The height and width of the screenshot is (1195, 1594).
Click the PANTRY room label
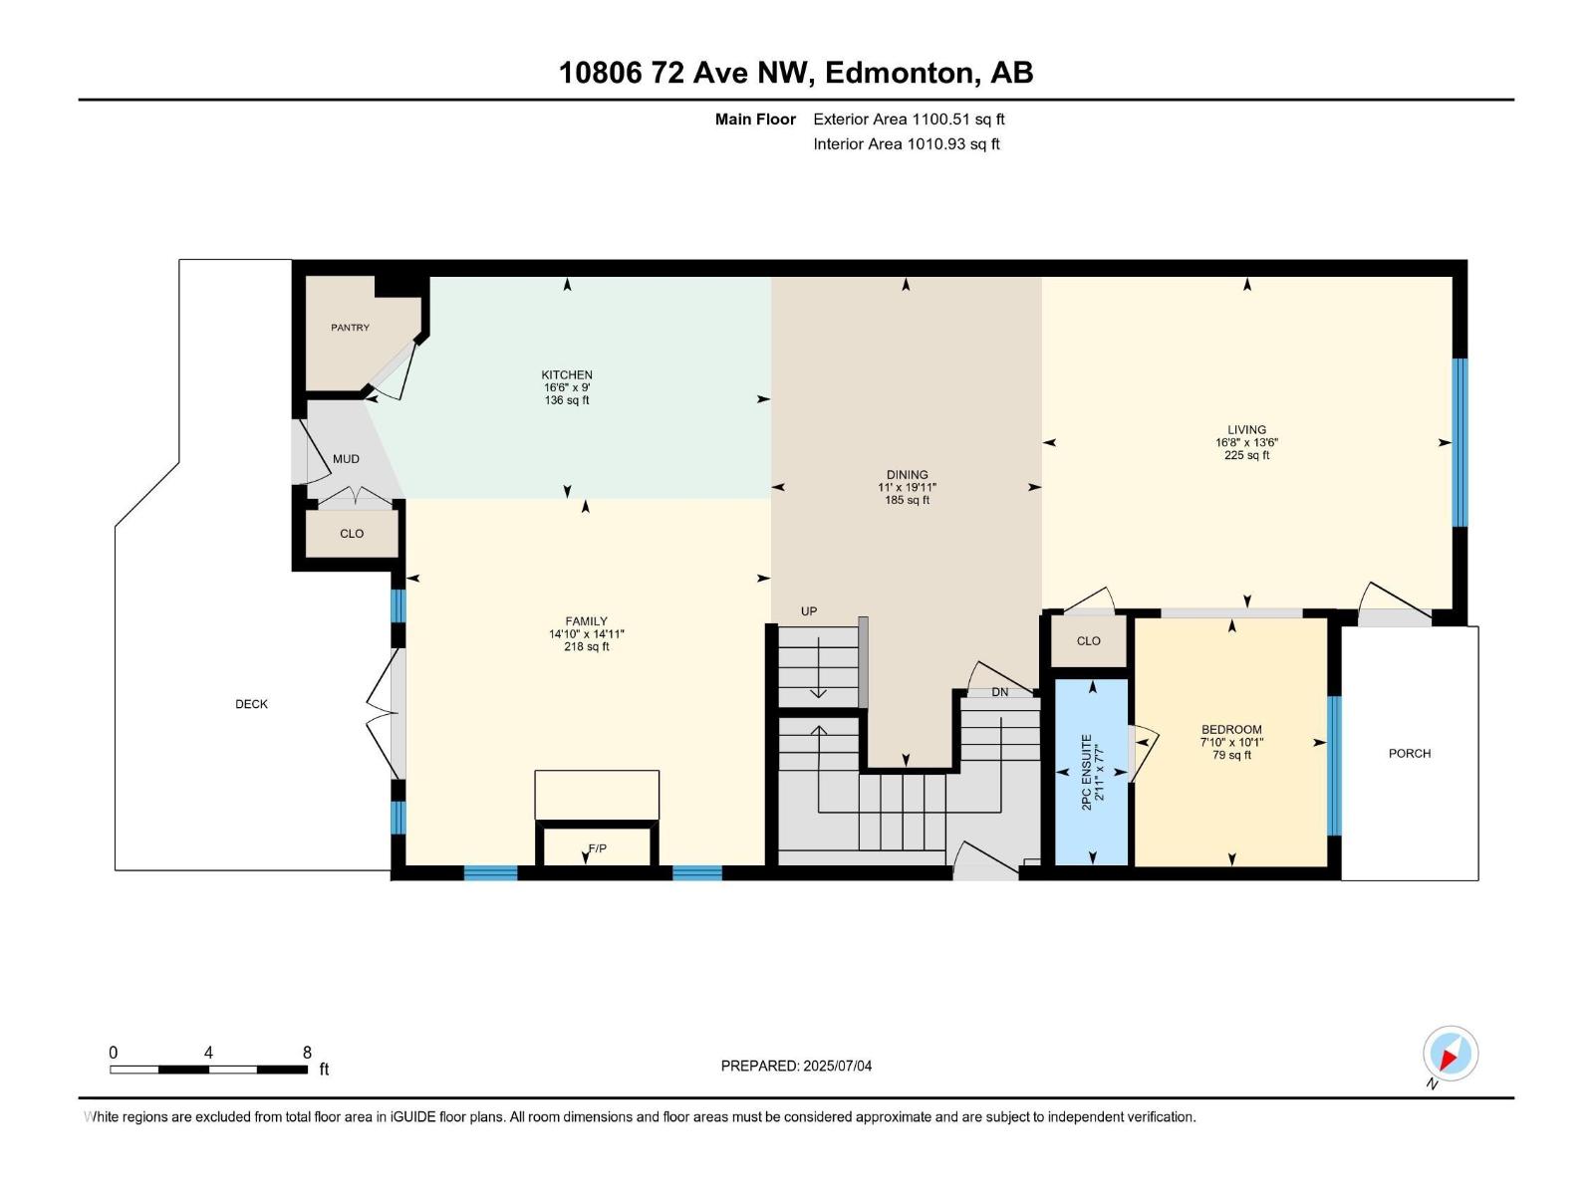[350, 328]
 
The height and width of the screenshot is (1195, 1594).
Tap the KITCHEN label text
[567, 375]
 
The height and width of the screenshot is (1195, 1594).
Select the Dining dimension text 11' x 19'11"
[907, 488]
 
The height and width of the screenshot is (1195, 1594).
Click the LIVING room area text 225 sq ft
[1246, 456]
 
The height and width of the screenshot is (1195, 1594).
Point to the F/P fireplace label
[597, 848]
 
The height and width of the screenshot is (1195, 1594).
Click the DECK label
[251, 704]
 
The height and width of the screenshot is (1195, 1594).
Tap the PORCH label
[1409, 754]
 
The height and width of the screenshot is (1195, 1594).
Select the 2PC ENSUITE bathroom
[1092, 772]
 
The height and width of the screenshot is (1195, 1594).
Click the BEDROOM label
[1231, 730]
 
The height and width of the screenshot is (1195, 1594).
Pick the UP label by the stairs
[809, 611]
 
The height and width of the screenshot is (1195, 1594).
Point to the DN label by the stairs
[999, 692]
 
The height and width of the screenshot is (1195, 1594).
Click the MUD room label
[346, 459]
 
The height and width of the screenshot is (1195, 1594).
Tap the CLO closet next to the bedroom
[1088, 641]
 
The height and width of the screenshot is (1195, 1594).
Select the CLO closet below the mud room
[352, 534]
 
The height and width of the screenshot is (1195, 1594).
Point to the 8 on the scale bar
[307, 1053]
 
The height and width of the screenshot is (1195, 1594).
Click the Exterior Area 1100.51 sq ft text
[909, 119]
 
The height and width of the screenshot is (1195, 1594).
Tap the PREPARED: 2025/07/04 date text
[796, 1066]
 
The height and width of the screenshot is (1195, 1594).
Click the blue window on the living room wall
[1460, 442]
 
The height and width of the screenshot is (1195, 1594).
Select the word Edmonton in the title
[900, 73]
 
